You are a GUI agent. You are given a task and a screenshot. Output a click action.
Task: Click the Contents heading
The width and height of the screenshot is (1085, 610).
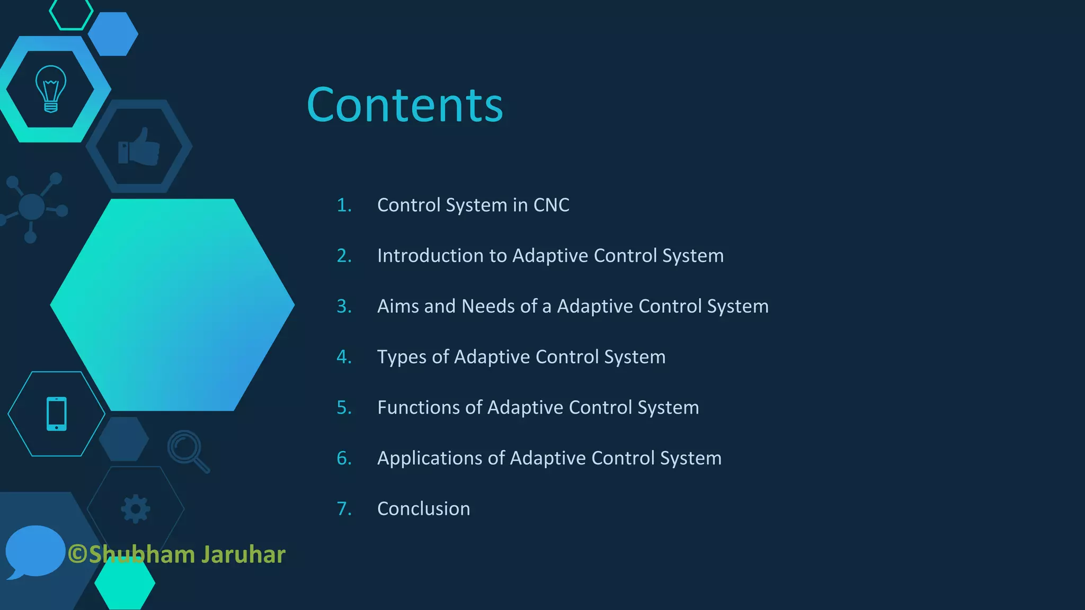click(x=405, y=105)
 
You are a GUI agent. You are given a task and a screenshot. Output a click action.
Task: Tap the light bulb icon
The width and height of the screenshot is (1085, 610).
click(x=51, y=88)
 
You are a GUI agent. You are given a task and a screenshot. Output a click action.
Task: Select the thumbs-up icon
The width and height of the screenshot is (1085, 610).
click(x=139, y=147)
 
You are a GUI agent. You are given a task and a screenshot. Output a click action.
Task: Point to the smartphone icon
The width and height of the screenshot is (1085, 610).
click(x=57, y=414)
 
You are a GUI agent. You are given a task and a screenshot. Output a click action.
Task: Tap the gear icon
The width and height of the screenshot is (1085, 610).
click(x=136, y=509)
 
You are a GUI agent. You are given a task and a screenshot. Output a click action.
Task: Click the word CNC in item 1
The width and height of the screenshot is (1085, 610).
click(x=551, y=205)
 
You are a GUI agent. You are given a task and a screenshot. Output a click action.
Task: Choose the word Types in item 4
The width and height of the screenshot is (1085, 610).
click(x=402, y=357)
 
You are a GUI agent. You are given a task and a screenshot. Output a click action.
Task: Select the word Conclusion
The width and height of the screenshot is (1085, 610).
click(x=423, y=509)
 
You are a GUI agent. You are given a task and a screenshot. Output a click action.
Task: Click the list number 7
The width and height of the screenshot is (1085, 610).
click(x=343, y=509)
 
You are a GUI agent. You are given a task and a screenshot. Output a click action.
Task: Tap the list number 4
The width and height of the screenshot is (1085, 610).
click(x=343, y=357)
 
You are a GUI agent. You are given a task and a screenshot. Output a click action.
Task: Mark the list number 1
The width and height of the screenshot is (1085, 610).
click(x=343, y=205)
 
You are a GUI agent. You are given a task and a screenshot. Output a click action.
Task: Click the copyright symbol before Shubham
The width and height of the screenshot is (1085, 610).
click(x=77, y=554)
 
